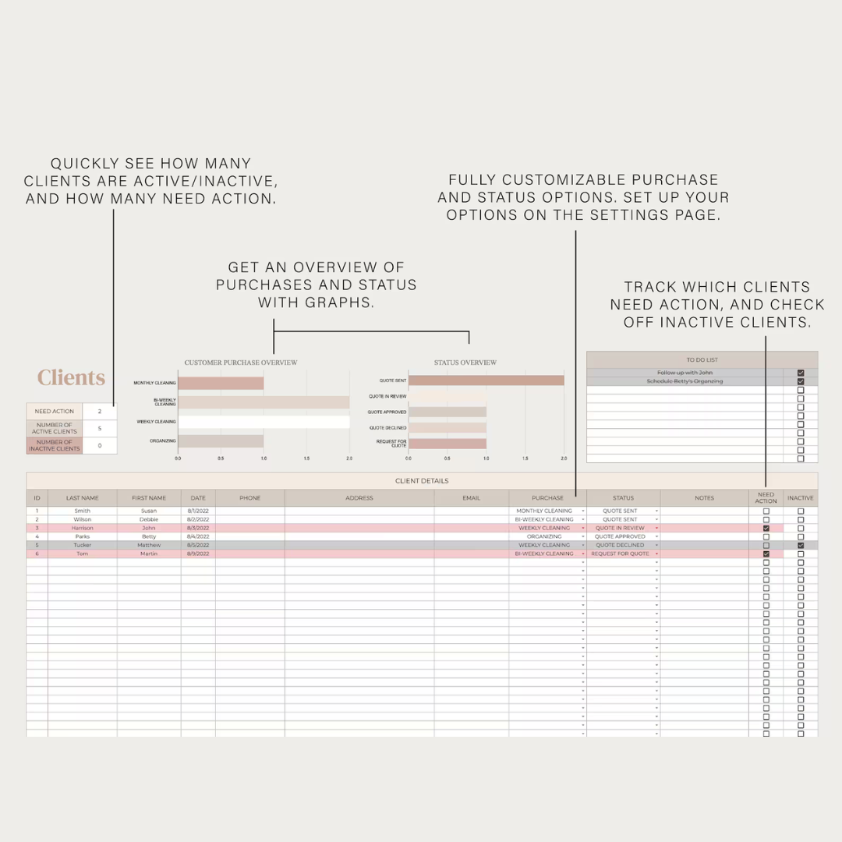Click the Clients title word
pos(71,378)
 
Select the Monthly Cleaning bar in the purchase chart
pos(221,384)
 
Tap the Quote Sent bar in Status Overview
pos(486,380)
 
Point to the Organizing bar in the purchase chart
pos(221,441)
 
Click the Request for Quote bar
pos(447,444)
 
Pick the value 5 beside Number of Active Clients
pos(100,429)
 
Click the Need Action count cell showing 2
pos(100,411)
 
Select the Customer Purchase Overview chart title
pos(240,363)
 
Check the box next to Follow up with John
pos(801,373)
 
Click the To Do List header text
pos(702,360)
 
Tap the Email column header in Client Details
pos(471,498)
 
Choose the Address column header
pos(359,498)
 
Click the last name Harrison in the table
pos(82,528)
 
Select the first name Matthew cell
pos(149,545)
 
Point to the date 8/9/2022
pos(198,554)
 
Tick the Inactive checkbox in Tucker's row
pos(801,545)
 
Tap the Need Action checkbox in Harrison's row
pos(766,528)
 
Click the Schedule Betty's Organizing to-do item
pos(685,381)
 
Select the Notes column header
pos(704,498)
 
